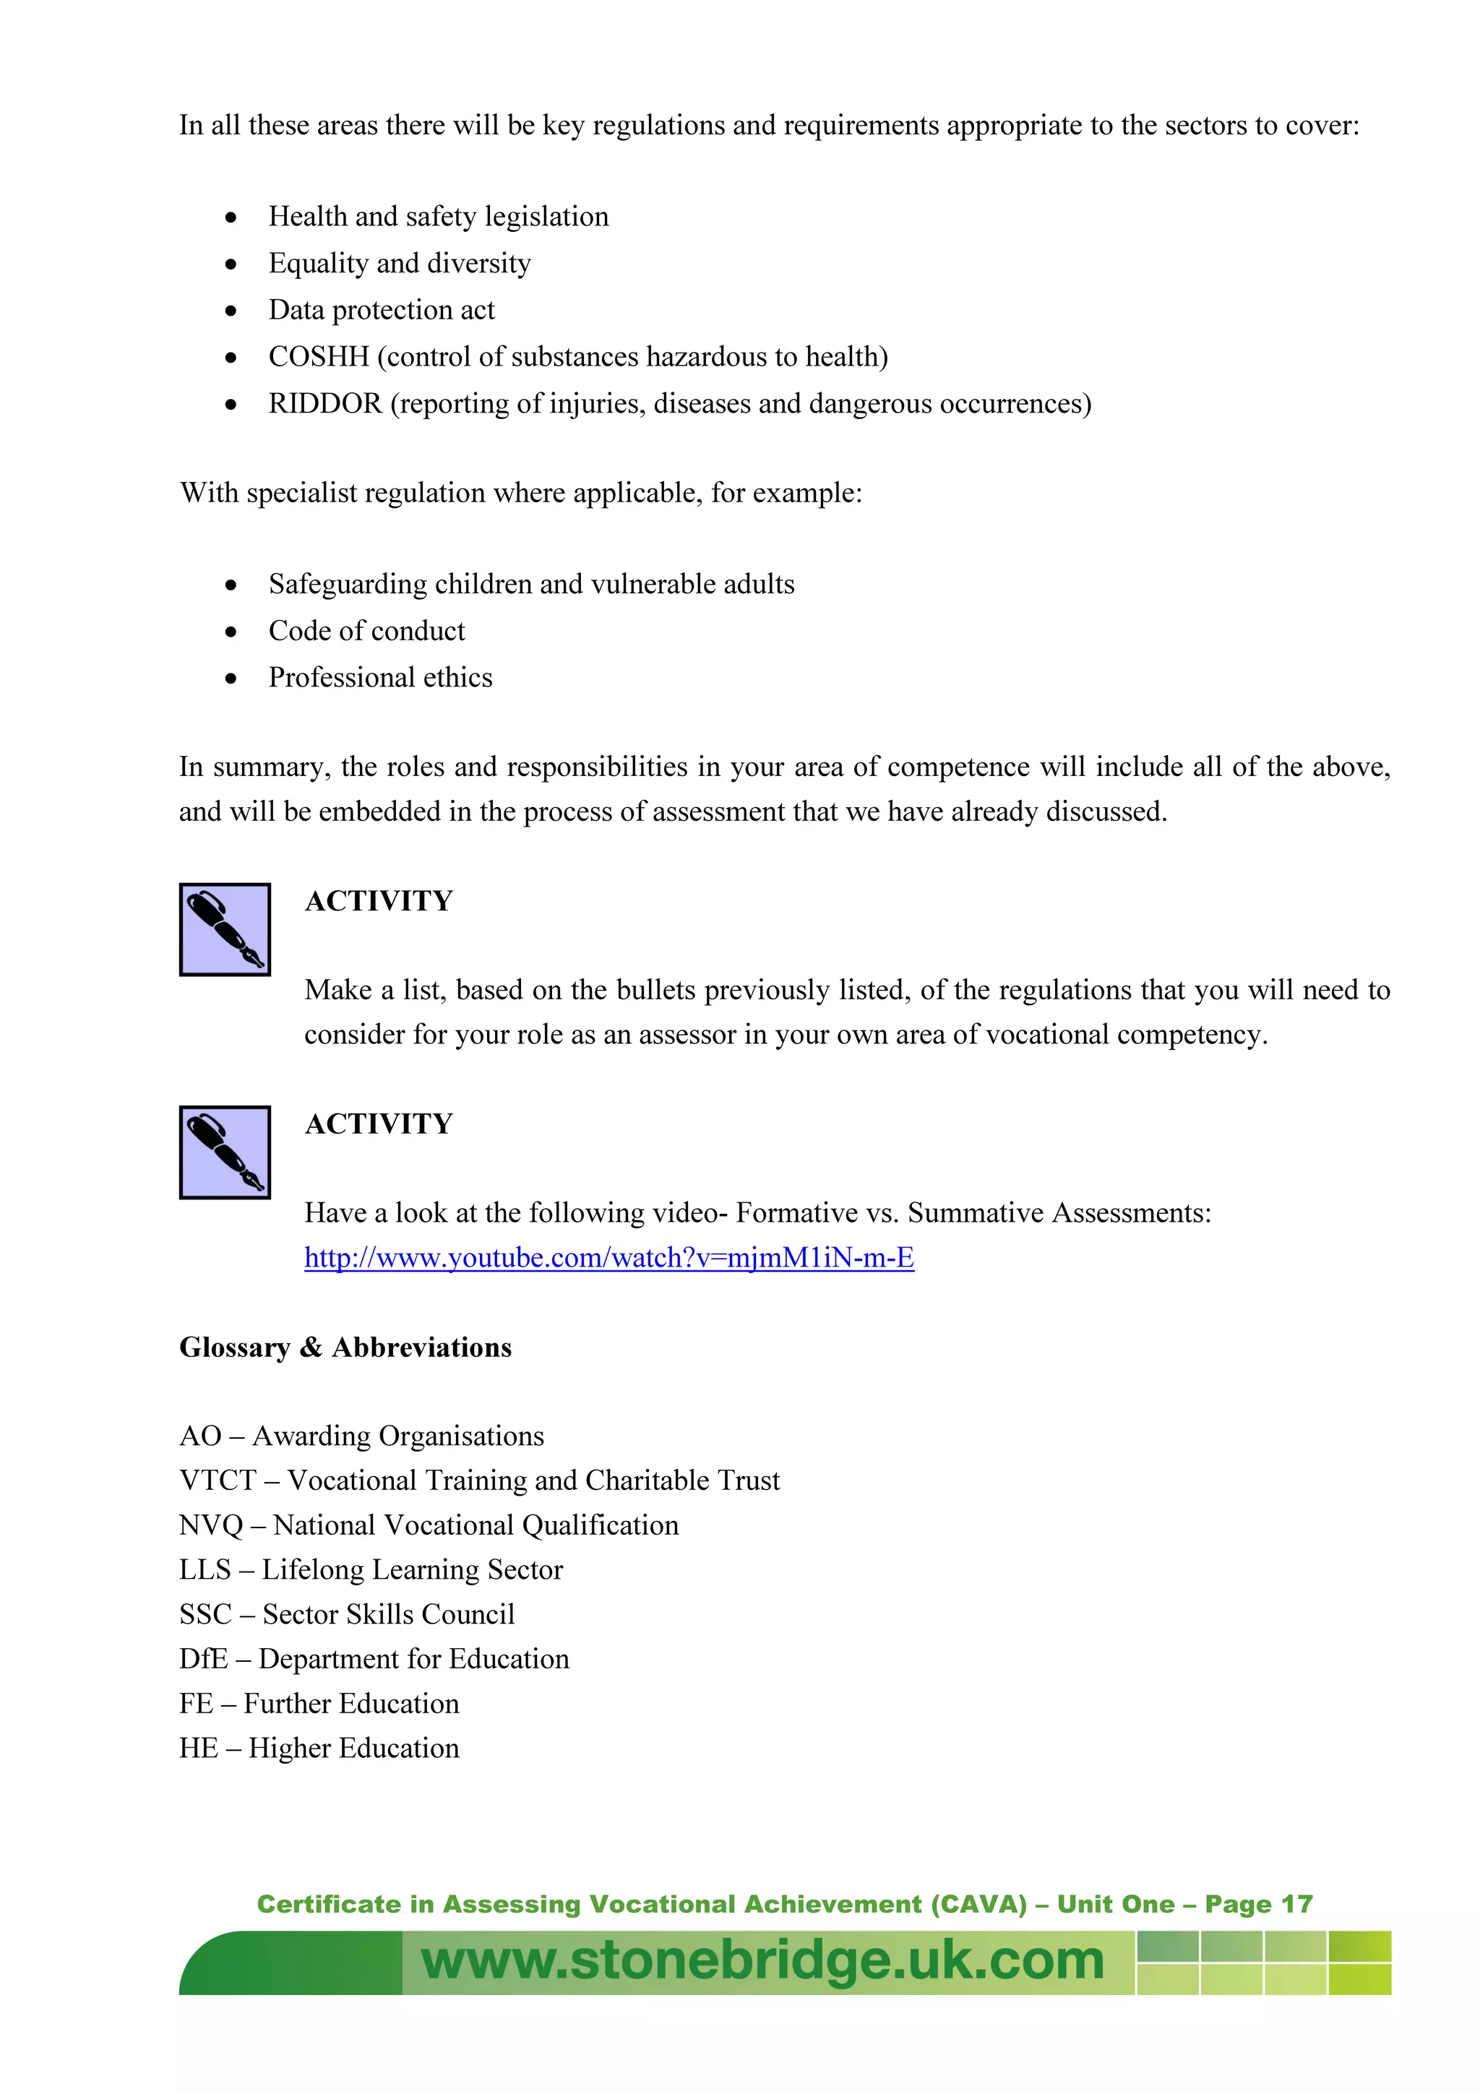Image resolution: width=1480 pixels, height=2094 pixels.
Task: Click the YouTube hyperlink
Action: (x=608, y=1258)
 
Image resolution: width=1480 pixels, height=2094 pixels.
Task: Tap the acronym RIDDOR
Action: (x=324, y=403)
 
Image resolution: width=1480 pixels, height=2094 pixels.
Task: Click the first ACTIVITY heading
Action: (x=379, y=901)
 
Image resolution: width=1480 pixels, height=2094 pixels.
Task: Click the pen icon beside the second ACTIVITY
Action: (x=224, y=1152)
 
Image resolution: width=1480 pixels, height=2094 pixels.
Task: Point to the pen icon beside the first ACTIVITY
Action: (x=224, y=929)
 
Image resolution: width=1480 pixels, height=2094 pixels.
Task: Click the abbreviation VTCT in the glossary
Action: (x=218, y=1481)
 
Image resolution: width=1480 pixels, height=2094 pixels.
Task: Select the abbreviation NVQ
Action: (x=210, y=1525)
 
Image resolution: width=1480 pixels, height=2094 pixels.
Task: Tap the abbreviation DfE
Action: (x=203, y=1658)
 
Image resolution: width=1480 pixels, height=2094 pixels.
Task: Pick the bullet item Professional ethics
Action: (x=380, y=678)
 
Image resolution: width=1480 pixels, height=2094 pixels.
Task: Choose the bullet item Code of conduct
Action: (x=366, y=631)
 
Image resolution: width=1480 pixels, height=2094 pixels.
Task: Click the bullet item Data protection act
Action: (x=381, y=310)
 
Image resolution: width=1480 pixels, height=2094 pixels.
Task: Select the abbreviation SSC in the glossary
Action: (x=205, y=1614)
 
